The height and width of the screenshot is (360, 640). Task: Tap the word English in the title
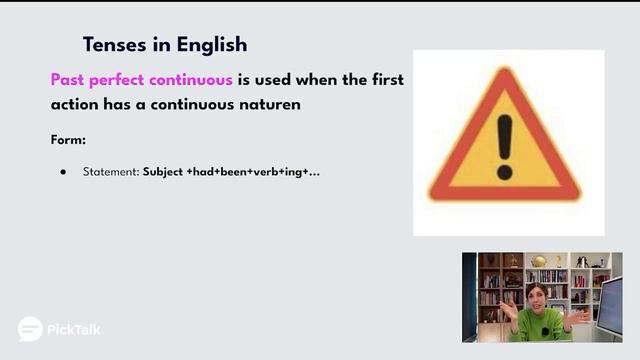pyautogui.click(x=209, y=45)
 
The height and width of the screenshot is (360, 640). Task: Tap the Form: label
pyautogui.click(x=69, y=140)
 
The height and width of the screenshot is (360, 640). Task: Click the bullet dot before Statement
pyautogui.click(x=63, y=172)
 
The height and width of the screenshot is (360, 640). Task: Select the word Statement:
pyautogui.click(x=110, y=172)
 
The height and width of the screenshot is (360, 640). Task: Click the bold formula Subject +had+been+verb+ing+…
pyautogui.click(x=231, y=172)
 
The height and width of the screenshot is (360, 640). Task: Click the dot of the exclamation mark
pyautogui.click(x=504, y=172)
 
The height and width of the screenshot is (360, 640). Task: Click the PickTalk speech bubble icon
pyautogui.click(x=30, y=329)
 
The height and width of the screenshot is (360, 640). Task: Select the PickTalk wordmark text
pyautogui.click(x=74, y=329)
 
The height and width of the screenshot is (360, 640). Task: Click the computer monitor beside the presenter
pyautogui.click(x=610, y=305)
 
